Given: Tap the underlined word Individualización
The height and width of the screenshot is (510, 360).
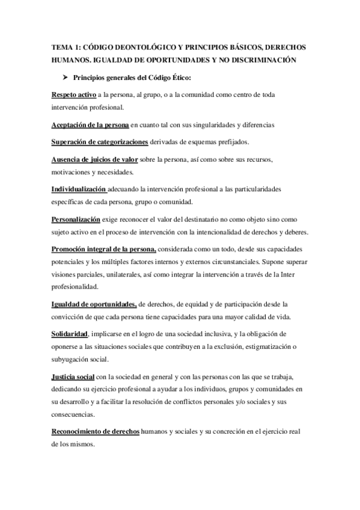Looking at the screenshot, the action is tap(80, 189).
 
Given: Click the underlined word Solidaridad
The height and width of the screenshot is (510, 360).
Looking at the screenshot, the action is tap(70, 334).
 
